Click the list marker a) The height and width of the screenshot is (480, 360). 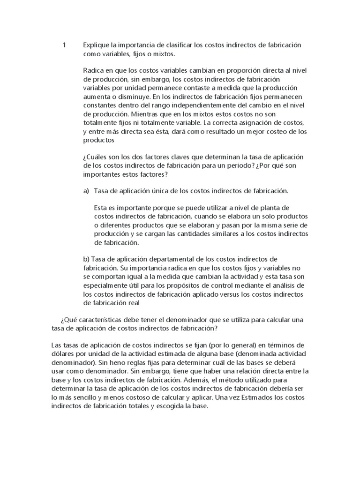86,191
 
